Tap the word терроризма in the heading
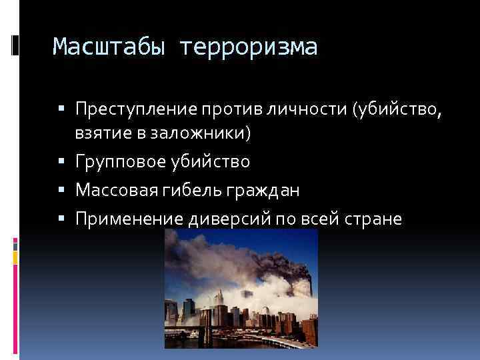pos(249,47)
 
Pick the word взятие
pos(101,133)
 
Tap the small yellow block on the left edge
pos(15,254)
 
